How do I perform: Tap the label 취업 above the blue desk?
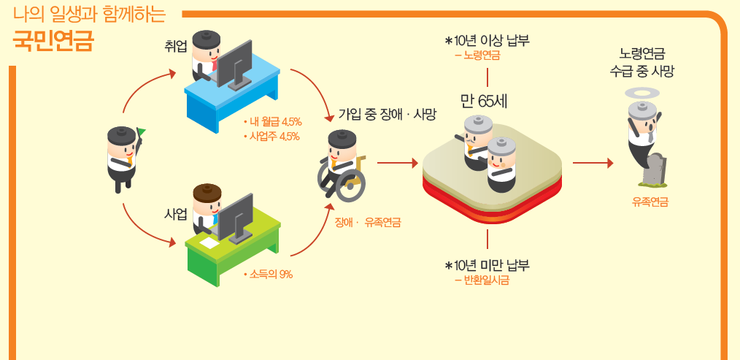(x=177, y=46)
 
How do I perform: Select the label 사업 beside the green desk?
(x=176, y=213)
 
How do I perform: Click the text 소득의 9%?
(x=270, y=275)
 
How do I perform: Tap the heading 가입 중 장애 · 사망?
(x=387, y=114)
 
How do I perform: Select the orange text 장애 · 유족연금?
(x=367, y=222)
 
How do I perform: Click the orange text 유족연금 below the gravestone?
(x=650, y=202)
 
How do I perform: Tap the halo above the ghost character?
(x=644, y=92)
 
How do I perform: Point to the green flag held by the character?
(x=141, y=132)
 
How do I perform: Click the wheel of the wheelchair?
(x=350, y=185)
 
